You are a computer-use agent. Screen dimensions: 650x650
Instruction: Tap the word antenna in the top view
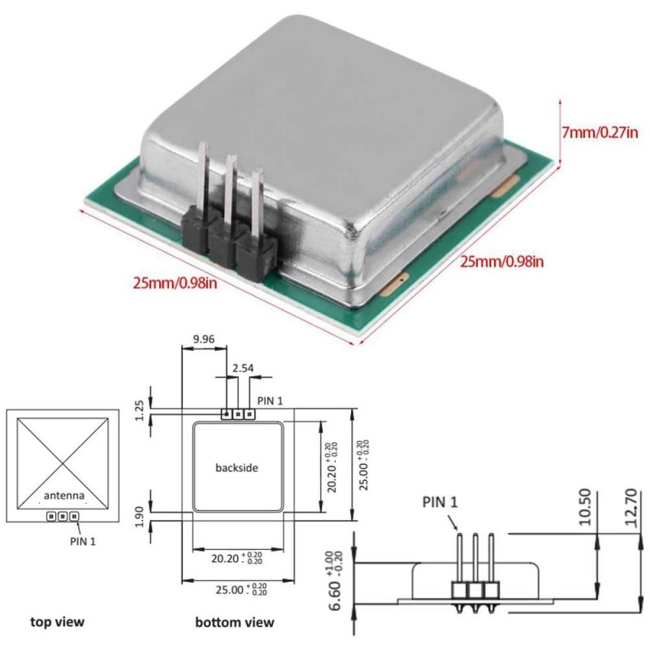[x=63, y=496]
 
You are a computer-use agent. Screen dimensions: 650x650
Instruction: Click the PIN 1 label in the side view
[x=439, y=503]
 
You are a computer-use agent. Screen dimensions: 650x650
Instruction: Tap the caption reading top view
[x=57, y=622]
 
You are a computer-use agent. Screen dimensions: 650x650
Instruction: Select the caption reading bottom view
[x=235, y=622]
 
